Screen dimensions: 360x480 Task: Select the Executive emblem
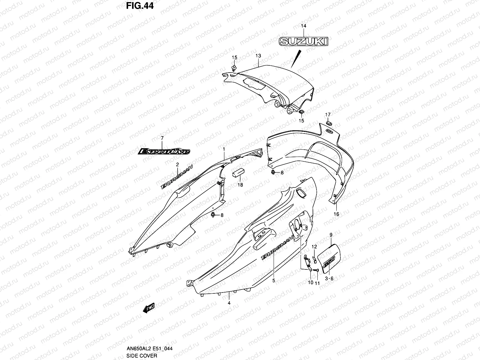coord(164,151)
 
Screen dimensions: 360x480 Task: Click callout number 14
coord(303,26)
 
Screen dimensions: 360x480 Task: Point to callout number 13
coord(258,56)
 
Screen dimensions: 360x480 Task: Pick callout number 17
coord(328,115)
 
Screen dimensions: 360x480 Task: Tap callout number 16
coord(336,214)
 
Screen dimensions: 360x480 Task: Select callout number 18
coord(240,185)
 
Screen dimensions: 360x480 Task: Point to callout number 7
coord(162,138)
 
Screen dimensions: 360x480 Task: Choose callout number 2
coord(177,164)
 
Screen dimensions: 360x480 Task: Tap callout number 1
coord(223,149)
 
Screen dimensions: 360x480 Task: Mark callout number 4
coord(229,303)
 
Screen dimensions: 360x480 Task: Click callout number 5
coord(274,281)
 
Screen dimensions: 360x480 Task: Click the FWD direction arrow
coord(148,308)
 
